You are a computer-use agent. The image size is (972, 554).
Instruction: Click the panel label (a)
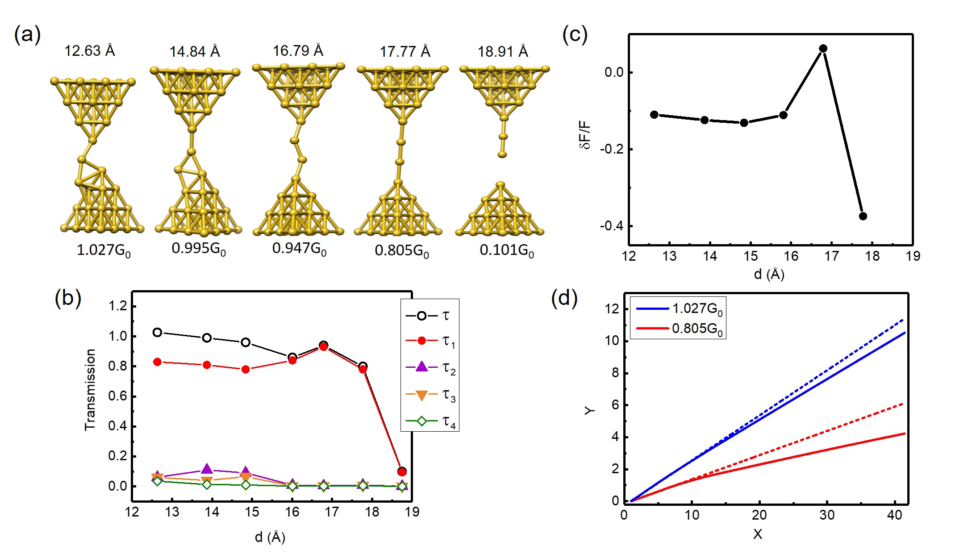[x=28, y=35]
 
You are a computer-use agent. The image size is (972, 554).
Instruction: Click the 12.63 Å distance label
[x=90, y=51]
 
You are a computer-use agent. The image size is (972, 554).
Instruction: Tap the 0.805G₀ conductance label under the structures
[x=401, y=251]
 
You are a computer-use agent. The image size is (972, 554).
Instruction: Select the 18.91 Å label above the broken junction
[x=503, y=52]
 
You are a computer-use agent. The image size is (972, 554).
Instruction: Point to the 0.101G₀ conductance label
[x=506, y=250]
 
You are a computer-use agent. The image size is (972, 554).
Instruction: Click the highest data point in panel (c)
[x=823, y=48]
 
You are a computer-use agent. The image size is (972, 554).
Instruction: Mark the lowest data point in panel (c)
[x=863, y=216]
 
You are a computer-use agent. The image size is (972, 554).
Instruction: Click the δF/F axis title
[x=585, y=135]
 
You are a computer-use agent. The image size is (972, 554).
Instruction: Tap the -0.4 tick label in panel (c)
[x=611, y=226]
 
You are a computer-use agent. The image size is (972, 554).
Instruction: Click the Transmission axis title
[x=90, y=389]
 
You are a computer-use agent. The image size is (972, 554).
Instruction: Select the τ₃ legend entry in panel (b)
[x=430, y=395]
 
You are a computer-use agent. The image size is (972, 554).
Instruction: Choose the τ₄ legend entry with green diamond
[x=430, y=421]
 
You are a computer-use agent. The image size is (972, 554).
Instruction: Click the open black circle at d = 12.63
[x=157, y=332]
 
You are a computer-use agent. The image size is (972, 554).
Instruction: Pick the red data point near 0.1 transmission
[x=402, y=472]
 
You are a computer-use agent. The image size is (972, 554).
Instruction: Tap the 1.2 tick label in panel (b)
[x=118, y=306]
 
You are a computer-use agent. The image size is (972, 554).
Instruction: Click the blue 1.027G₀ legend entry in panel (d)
[x=678, y=308]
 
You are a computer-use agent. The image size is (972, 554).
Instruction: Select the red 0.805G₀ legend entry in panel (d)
[x=678, y=329]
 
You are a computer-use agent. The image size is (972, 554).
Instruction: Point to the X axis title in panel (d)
[x=757, y=534]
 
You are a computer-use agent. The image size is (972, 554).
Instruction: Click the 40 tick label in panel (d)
[x=894, y=515]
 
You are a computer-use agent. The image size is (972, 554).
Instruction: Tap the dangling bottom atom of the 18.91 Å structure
[x=502, y=154]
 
